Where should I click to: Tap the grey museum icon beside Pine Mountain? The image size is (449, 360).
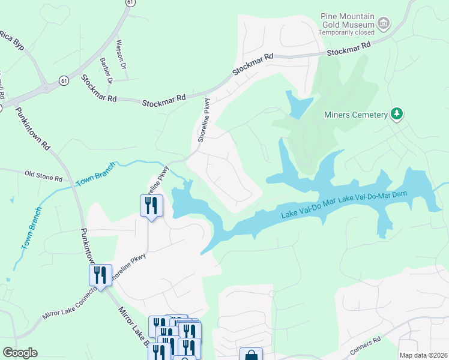coord(383,25)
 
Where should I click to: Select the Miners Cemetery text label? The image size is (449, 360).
coord(356,115)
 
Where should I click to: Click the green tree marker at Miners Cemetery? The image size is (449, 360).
coord(396,113)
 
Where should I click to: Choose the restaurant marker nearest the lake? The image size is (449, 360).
coord(151,206)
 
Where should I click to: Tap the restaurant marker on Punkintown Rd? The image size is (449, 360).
coord(100,275)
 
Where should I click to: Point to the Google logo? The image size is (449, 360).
coord(20,353)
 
